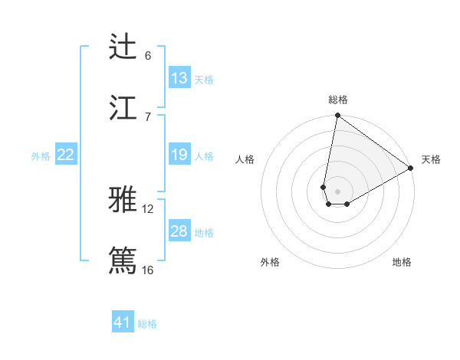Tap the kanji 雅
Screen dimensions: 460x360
123,200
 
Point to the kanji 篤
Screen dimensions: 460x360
123,260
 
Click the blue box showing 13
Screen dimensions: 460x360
179,77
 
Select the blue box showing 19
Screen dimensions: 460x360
179,155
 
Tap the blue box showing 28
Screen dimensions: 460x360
179,231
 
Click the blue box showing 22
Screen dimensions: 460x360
66,155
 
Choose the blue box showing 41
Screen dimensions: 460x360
123,322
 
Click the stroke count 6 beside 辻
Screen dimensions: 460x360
148,56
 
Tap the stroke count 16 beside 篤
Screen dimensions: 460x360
148,270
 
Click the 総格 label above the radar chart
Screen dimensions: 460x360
338,100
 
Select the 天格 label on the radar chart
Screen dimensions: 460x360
431,159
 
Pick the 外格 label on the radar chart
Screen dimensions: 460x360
270,262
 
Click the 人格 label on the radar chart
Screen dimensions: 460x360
245,159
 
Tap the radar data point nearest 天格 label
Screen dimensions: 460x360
411,169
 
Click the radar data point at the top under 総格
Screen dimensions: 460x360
337,116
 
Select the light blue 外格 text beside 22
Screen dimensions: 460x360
41,155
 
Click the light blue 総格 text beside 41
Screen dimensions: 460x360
147,323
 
